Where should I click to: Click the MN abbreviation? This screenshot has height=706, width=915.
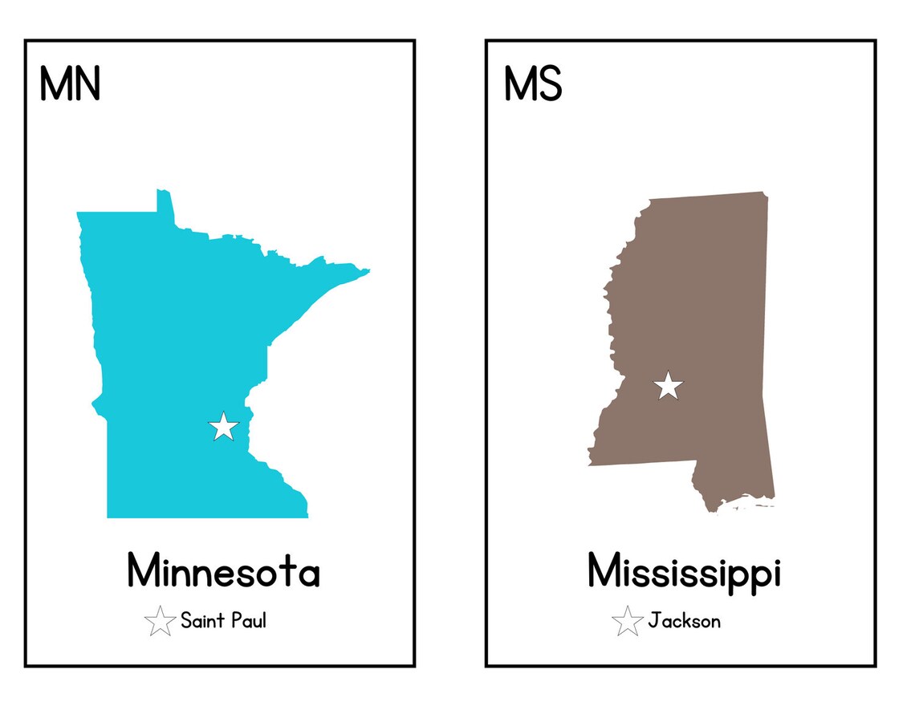(x=70, y=84)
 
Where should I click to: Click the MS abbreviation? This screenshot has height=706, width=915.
(x=533, y=84)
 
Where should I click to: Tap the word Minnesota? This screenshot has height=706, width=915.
(x=223, y=572)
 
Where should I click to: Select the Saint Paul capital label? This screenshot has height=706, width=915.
(x=222, y=620)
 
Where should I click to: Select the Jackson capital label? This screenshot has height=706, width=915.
(x=684, y=621)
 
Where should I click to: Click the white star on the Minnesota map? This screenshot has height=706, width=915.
(x=224, y=427)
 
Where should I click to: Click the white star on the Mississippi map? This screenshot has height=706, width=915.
(x=668, y=387)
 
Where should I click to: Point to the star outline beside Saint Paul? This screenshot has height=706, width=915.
(x=161, y=621)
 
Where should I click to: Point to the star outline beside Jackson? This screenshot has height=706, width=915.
(x=627, y=621)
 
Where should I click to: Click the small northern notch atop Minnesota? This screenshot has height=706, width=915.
(x=164, y=201)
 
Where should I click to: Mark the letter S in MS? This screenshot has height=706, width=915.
(x=550, y=84)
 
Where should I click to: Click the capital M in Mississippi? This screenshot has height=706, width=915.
(x=605, y=570)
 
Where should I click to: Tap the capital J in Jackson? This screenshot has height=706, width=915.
(x=654, y=621)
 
